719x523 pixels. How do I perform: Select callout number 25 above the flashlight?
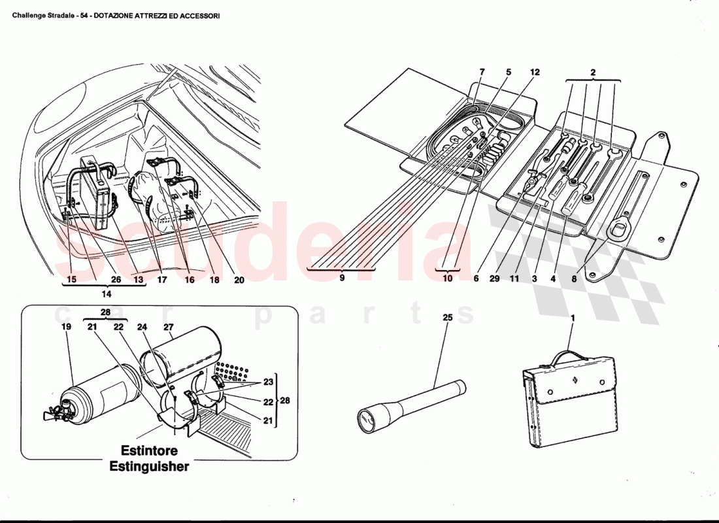[x=448, y=318]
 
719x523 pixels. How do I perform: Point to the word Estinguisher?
[x=149, y=467]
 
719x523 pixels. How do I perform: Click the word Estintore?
[x=149, y=451]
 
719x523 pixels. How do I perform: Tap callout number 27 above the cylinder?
[x=168, y=327]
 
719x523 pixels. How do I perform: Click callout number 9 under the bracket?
[x=342, y=278]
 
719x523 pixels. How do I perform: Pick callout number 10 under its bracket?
[x=448, y=278]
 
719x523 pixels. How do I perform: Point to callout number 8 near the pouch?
[x=574, y=278]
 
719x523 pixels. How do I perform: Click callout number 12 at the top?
[x=535, y=72]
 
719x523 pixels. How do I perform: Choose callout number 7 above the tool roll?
[x=482, y=72]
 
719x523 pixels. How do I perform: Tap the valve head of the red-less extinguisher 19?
[x=63, y=409]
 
